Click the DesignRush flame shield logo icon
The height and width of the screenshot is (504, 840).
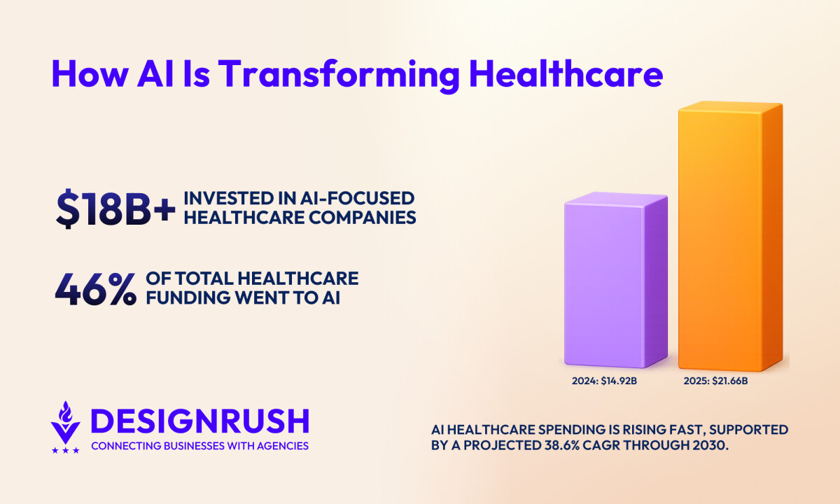(x=66, y=423)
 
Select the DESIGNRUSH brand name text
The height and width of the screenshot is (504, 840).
(x=199, y=421)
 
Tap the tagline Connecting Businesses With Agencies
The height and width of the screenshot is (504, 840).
(x=199, y=446)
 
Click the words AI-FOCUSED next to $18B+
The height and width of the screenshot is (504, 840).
(x=363, y=199)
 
